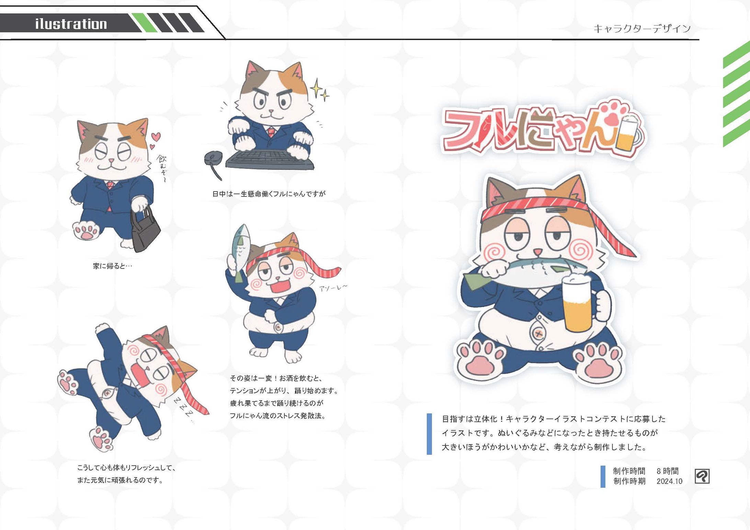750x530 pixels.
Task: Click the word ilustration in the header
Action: coord(71,24)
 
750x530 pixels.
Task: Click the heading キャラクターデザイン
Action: coord(642,28)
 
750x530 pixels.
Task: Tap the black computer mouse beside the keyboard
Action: coord(212,159)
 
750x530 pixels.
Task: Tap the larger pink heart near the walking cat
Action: coord(156,137)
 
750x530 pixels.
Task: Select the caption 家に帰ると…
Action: coord(112,266)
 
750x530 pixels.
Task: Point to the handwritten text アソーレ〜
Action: coord(333,288)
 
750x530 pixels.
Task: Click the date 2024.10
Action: coord(669,481)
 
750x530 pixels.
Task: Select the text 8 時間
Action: coord(667,471)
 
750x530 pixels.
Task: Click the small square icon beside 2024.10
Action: coord(702,476)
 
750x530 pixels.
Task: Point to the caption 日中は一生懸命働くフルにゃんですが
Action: coord(269,194)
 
